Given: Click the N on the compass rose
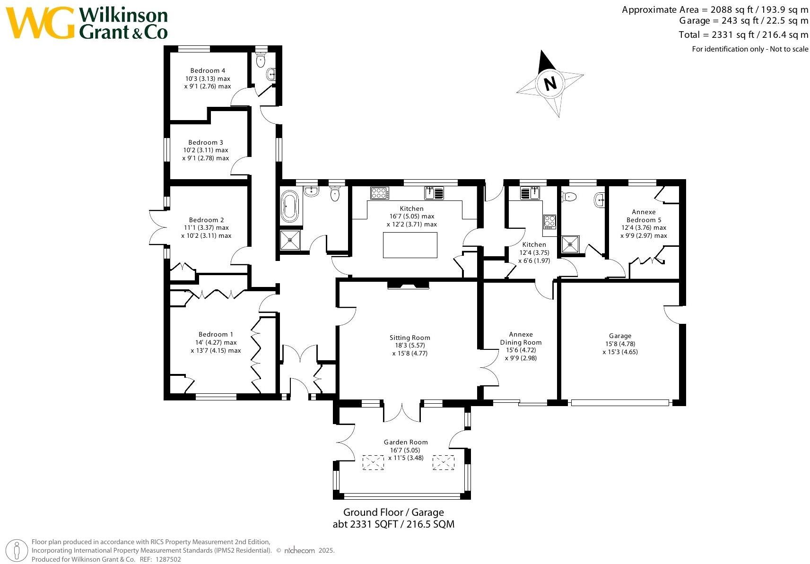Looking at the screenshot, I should [549, 84].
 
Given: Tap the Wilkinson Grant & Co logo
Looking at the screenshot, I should [88, 23].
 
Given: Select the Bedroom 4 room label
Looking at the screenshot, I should [208, 71].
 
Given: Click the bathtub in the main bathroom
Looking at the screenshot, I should [290, 207].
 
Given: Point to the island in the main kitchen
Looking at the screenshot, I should [410, 245].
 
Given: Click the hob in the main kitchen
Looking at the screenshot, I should [380, 193].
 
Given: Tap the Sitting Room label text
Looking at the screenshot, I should [409, 338].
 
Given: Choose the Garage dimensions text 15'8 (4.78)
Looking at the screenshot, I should [620, 344].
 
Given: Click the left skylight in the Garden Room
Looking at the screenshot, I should [373, 462].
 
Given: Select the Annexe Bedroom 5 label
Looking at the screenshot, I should [644, 216].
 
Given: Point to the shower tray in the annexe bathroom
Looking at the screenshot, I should [570, 244].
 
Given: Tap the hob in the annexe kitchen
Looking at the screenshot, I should [550, 221].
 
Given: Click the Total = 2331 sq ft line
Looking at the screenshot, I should [743, 35].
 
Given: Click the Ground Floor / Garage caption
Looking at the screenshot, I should [393, 512].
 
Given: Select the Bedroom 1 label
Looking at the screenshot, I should [216, 334].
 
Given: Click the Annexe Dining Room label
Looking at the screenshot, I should [521, 338].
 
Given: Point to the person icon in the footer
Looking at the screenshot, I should [17, 550].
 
